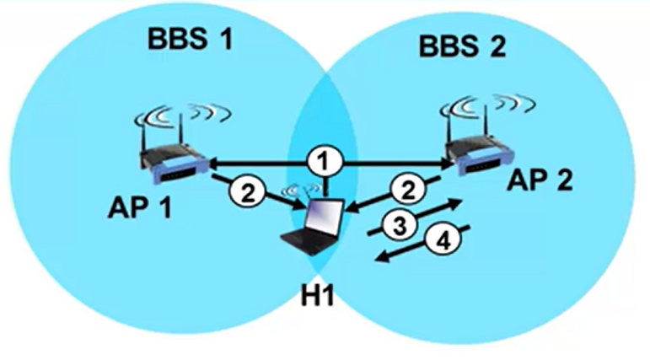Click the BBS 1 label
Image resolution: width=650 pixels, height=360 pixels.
191,40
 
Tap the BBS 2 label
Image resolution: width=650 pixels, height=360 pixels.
462,46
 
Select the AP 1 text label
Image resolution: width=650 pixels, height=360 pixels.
140,207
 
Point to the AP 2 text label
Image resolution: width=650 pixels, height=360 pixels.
539,180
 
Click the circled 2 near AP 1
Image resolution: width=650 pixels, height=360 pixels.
247,193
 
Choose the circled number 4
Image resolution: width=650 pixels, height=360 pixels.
443,241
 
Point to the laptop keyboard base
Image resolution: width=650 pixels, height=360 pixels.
309,242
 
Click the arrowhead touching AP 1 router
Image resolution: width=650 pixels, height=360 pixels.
217,164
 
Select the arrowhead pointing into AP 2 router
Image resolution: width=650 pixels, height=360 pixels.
445,164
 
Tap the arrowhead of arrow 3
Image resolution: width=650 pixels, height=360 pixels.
454,203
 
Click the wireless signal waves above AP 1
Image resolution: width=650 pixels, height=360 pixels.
182,114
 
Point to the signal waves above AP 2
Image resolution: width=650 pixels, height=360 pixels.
488,105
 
